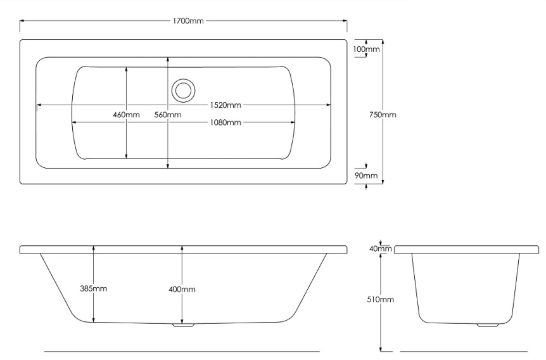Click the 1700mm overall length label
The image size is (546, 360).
pyautogui.click(x=188, y=21)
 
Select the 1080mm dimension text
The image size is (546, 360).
pyautogui.click(x=225, y=122)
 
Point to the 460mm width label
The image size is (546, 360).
pyautogui.click(x=126, y=115)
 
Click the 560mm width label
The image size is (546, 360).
pyautogui.click(x=168, y=115)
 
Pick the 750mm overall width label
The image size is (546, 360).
pyautogui.click(x=383, y=115)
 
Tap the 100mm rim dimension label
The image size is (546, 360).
pyautogui.click(x=366, y=49)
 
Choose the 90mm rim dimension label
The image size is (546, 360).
pyautogui.click(x=366, y=176)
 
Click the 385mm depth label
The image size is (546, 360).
pyautogui.click(x=94, y=288)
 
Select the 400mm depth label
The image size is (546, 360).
pyautogui.click(x=182, y=289)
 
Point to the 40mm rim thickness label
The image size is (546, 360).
pyautogui.click(x=381, y=248)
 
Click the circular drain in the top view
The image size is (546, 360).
pyautogui.click(x=183, y=89)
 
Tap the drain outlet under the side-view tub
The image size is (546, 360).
pyautogui.click(x=183, y=326)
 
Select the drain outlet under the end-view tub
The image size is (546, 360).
pyautogui.click(x=486, y=325)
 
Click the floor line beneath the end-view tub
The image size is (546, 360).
pyautogui.click(x=462, y=351)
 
